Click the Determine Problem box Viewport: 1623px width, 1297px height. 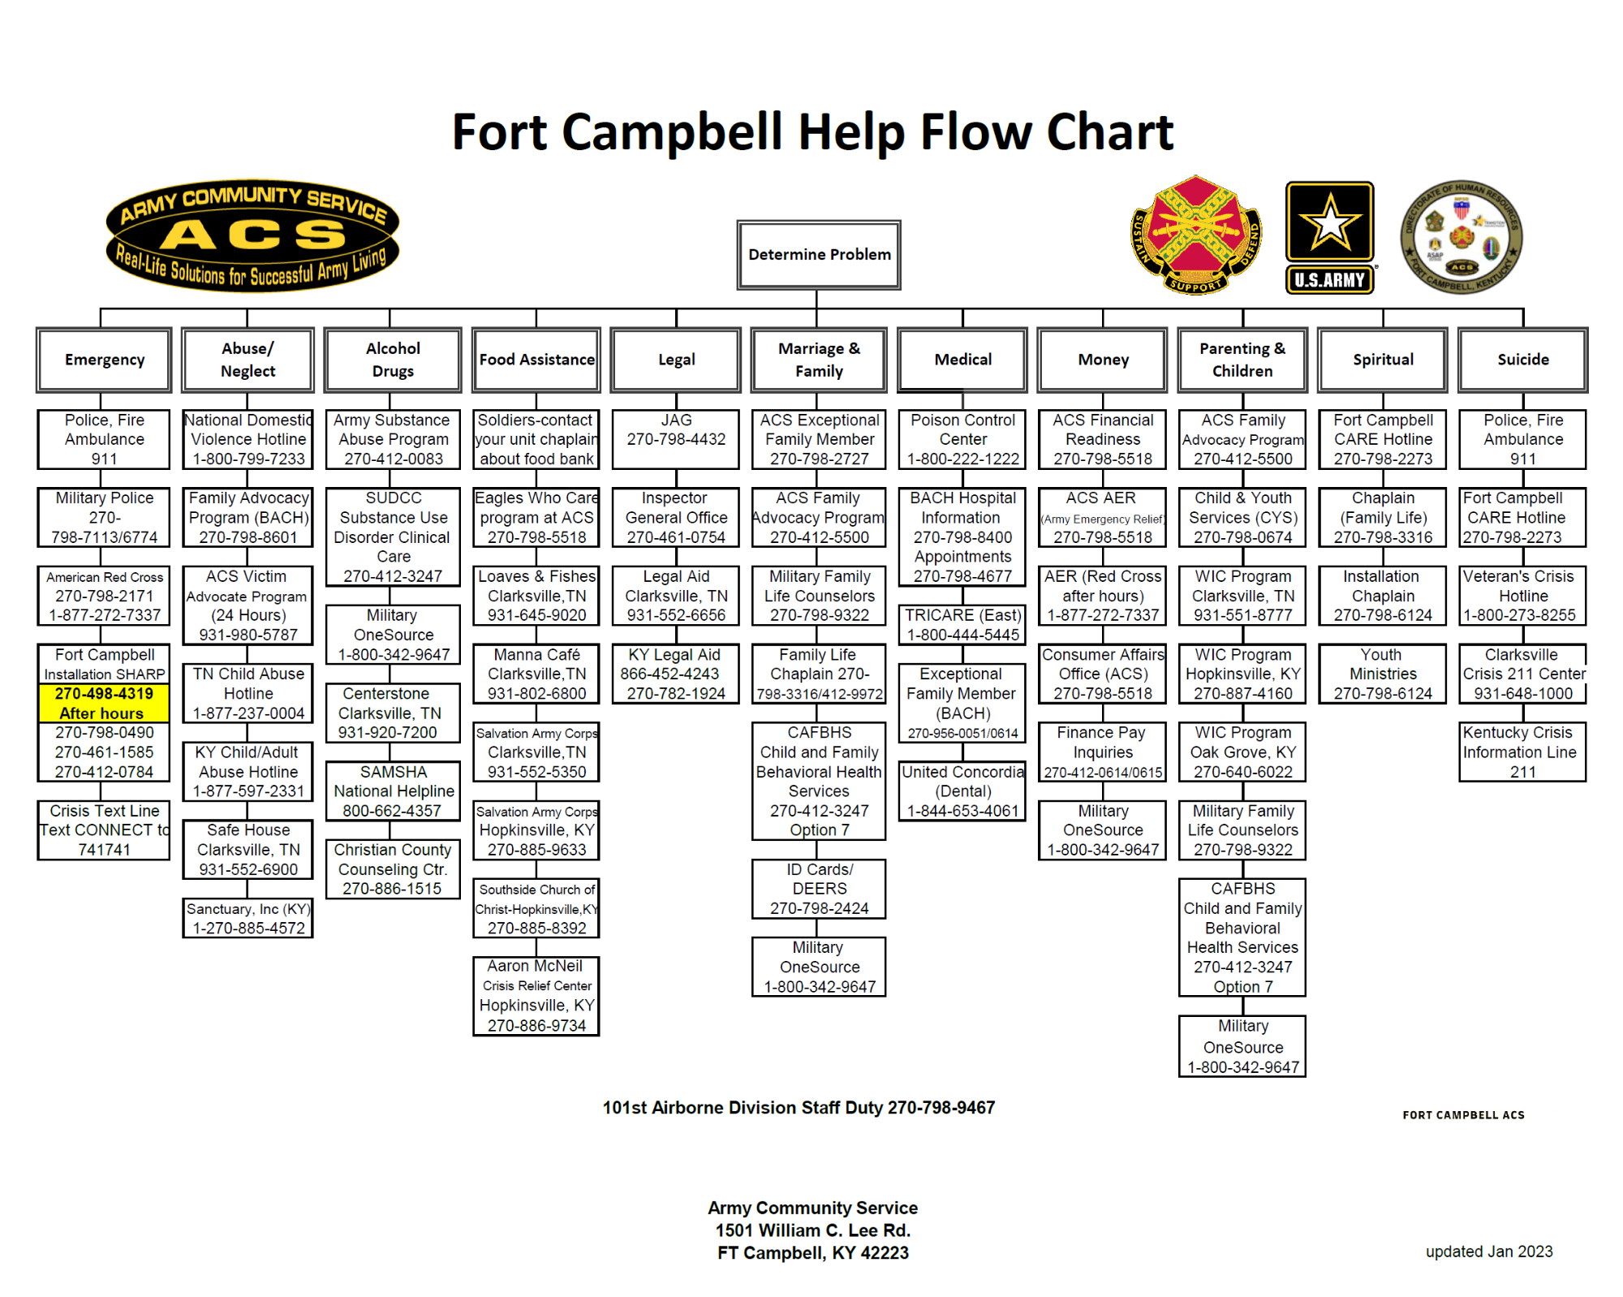pyautogui.click(x=819, y=255)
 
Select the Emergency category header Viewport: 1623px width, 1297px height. pyautogui.click(x=104, y=360)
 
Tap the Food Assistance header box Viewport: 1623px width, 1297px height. pyautogui.click(x=536, y=360)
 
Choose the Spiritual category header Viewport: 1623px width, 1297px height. pyautogui.click(x=1383, y=360)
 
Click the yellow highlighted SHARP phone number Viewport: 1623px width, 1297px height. pyautogui.click(x=104, y=703)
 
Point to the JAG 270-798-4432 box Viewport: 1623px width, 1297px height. pyautogui.click(x=676, y=439)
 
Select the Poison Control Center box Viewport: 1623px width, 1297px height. pyautogui.click(x=962, y=439)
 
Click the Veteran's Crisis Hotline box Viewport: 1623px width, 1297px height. pyautogui.click(x=1522, y=596)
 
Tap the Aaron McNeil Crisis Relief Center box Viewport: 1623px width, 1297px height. pyautogui.click(x=536, y=995)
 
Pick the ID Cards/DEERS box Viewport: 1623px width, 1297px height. pyautogui.click(x=819, y=889)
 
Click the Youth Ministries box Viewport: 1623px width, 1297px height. pyautogui.click(x=1383, y=674)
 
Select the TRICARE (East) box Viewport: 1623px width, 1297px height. pyautogui.click(x=962, y=625)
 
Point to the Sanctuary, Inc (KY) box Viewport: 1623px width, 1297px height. pyautogui.click(x=248, y=919)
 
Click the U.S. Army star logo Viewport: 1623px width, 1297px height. pyautogui.click(x=1329, y=236)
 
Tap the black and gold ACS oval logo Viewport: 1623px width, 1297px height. pyautogui.click(x=252, y=236)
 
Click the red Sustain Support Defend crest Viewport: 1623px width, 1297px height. pyautogui.click(x=1196, y=235)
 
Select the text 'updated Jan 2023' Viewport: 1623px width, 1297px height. pyautogui.click(x=1488, y=1252)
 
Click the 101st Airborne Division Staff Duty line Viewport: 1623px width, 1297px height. pyautogui.click(x=799, y=1108)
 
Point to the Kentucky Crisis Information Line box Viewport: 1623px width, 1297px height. pyautogui.click(x=1522, y=752)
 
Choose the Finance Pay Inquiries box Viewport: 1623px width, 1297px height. pyautogui.click(x=1103, y=752)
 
